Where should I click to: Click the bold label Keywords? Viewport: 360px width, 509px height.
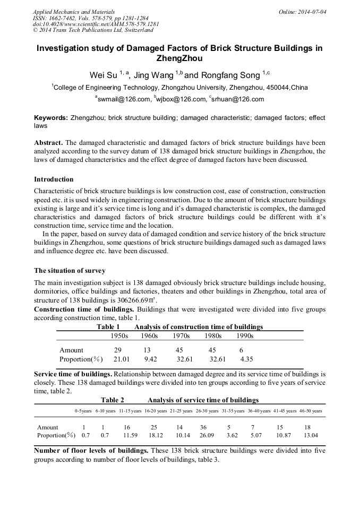click(51, 118)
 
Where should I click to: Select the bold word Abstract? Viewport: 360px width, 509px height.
click(49, 143)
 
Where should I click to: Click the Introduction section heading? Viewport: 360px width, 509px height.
click(54, 179)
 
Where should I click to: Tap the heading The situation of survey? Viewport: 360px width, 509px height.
click(70, 271)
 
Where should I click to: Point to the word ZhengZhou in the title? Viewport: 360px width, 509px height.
click(179, 58)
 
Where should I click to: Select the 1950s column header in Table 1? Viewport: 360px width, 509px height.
click(119, 336)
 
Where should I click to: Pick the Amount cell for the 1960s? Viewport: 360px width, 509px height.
click(147, 350)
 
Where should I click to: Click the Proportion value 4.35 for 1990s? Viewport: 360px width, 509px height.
click(246, 359)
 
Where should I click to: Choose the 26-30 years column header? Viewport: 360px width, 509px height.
click(207, 411)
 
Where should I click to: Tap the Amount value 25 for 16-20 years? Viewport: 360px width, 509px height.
click(154, 427)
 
